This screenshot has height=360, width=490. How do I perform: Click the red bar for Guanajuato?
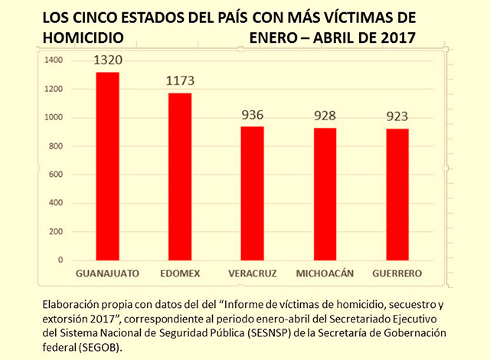pyautogui.click(x=106, y=166)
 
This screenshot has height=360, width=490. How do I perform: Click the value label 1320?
pyautogui.click(x=107, y=61)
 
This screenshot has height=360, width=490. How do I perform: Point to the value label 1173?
pyautogui.click(x=181, y=81)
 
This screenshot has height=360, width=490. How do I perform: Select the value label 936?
pyautogui.click(x=252, y=116)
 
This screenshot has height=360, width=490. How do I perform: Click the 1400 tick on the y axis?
pyautogui.click(x=53, y=61)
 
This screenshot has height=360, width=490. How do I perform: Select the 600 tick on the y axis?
pyautogui.click(x=56, y=175)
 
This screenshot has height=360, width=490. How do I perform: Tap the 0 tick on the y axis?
pyautogui.click(x=60, y=260)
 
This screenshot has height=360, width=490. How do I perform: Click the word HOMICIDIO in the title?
pyautogui.click(x=80, y=35)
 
